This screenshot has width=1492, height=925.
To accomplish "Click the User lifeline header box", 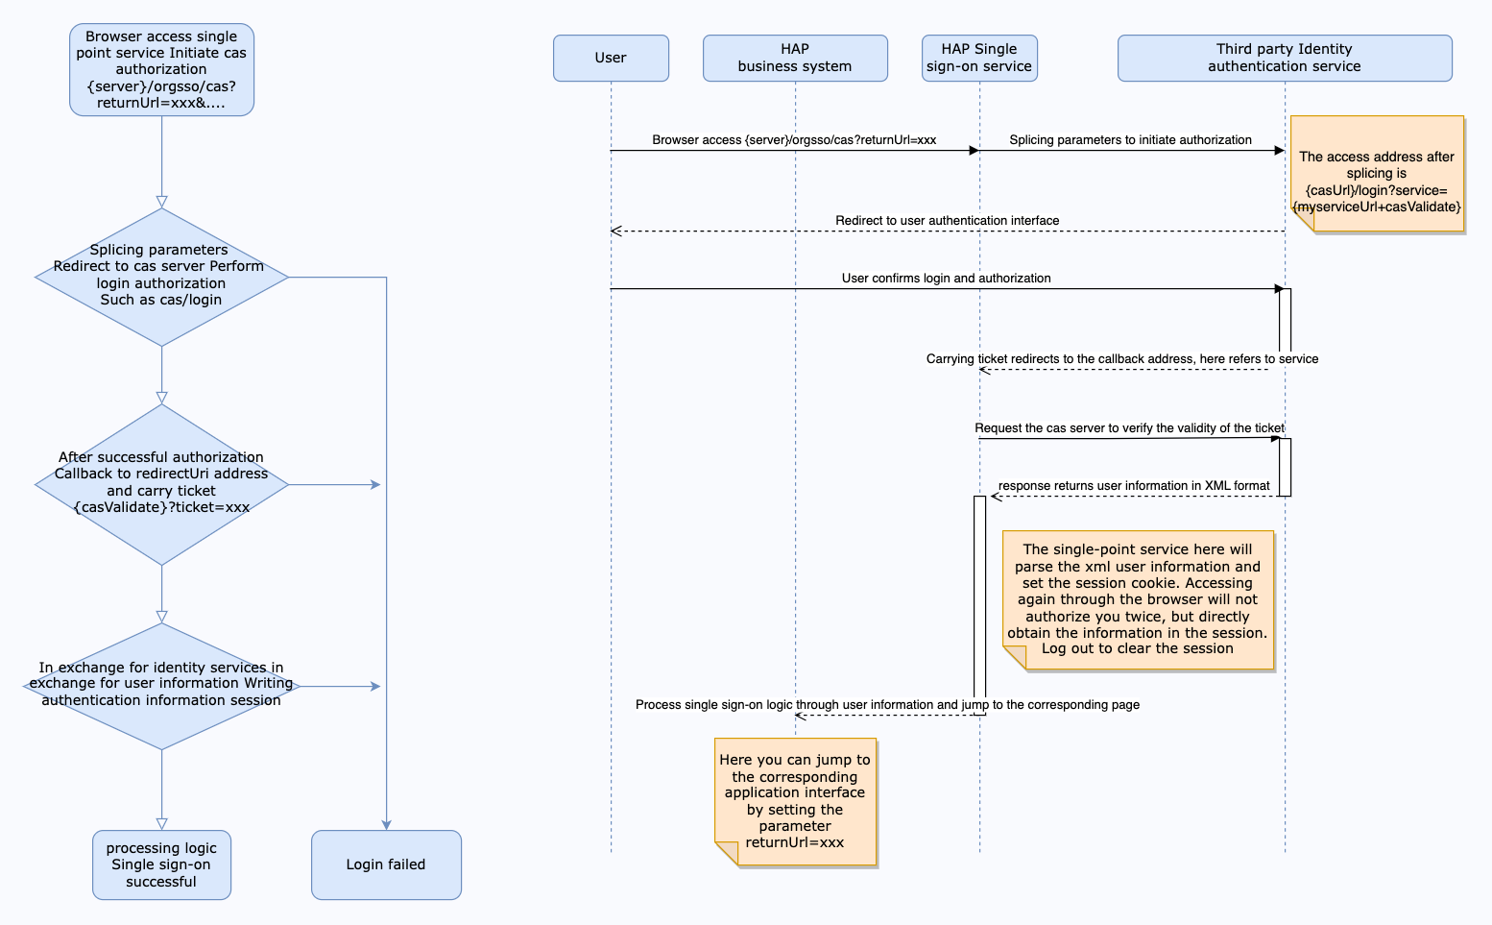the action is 611,58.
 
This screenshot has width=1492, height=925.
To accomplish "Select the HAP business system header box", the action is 795,58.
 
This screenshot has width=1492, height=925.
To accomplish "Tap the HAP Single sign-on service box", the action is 979,58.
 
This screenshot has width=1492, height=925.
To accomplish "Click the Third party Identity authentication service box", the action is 1285,58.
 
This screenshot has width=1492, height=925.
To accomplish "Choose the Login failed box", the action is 386,864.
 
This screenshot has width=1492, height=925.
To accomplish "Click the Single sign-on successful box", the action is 162,864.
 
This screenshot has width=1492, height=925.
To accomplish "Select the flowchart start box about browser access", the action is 162,70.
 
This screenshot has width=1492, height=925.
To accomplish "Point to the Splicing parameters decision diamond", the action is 162,278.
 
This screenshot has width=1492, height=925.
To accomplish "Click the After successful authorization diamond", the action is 162,484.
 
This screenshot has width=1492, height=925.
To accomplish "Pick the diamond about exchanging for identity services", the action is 162,686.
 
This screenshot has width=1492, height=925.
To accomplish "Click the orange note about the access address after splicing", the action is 1378,174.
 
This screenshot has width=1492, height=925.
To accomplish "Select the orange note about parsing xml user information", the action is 1139,599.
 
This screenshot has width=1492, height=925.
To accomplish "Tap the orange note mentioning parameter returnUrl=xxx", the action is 795,801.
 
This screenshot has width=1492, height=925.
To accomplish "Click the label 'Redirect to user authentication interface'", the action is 948,221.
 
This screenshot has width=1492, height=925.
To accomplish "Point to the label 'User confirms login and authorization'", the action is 946,278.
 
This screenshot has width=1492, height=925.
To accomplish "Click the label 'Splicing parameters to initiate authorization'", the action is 1130,140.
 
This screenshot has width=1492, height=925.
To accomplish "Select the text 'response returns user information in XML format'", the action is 1134,486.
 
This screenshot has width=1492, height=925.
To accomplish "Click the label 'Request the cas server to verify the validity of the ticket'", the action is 1129,427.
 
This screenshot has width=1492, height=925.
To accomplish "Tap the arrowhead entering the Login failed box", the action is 386,825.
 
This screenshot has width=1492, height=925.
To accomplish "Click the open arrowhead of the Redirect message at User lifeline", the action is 616,231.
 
